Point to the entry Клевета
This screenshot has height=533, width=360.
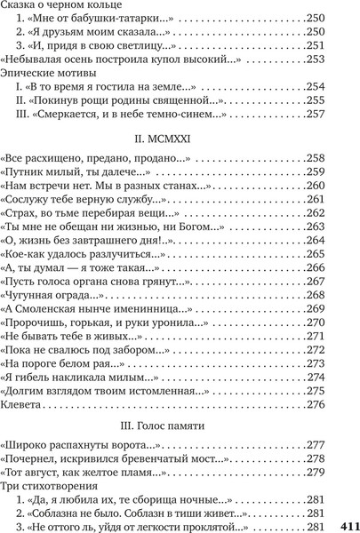coord(22,404)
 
